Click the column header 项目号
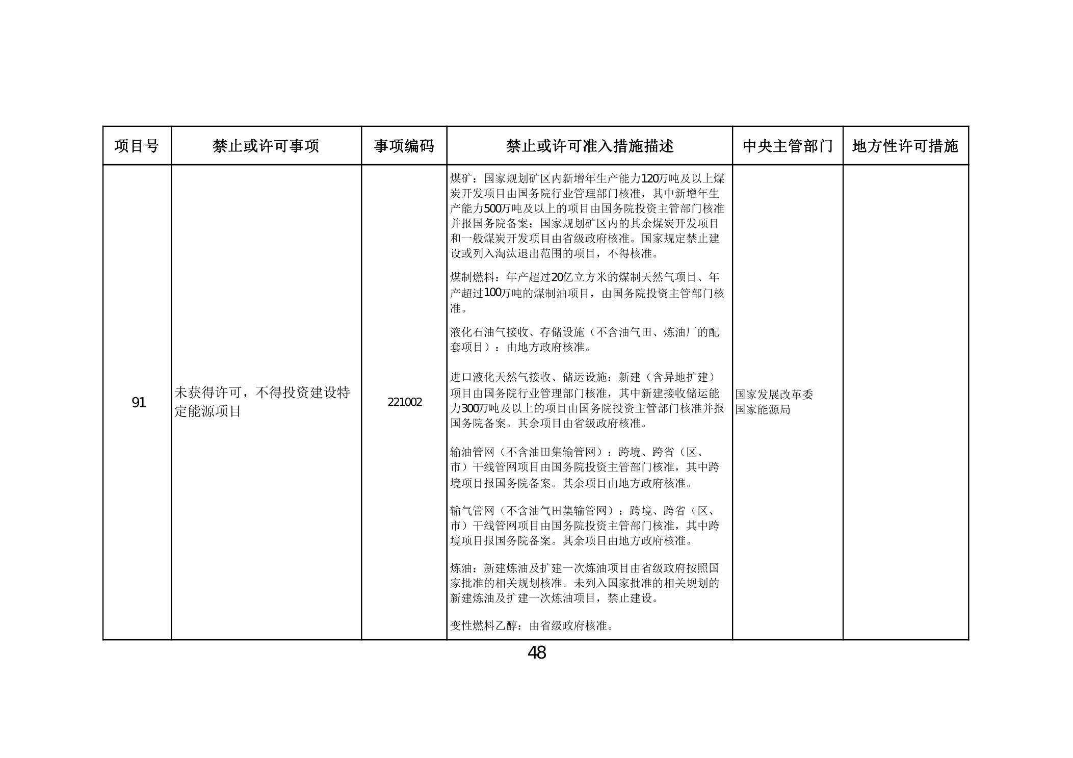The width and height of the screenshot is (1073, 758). click(137, 146)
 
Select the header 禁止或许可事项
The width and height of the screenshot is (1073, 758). click(266, 146)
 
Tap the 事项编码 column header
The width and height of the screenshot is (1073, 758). click(404, 146)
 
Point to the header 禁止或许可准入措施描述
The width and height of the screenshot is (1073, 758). click(589, 146)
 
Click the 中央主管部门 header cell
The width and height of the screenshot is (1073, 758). click(787, 146)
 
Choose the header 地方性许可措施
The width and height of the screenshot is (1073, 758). click(905, 146)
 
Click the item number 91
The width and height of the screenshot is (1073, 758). click(139, 403)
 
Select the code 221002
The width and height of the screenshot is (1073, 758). click(405, 402)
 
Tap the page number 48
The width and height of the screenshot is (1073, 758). click(537, 652)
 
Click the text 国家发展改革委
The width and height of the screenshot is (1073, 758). click(774, 395)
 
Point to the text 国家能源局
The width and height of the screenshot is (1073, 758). click(763, 409)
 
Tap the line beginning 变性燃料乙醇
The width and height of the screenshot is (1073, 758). click(532, 625)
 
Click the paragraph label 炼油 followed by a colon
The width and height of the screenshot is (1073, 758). click(461, 568)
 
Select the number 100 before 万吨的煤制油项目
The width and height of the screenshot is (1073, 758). click(492, 293)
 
